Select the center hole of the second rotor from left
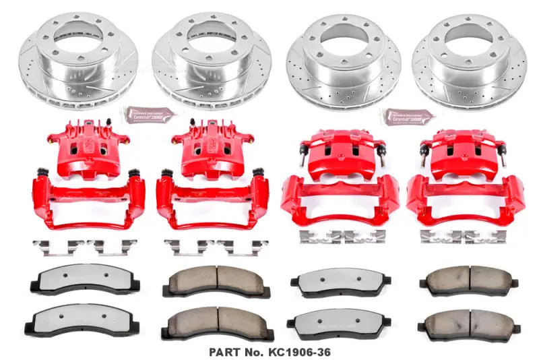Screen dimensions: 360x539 (x=211, y=42)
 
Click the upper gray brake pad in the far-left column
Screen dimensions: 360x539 (x=80, y=280)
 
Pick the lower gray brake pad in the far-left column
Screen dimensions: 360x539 (x=80, y=322)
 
